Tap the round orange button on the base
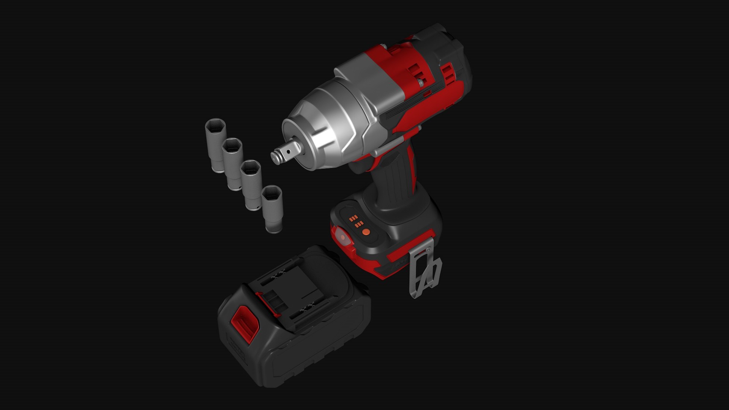366,232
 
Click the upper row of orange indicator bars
353,218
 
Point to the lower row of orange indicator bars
359,224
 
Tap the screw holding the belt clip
428,249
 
